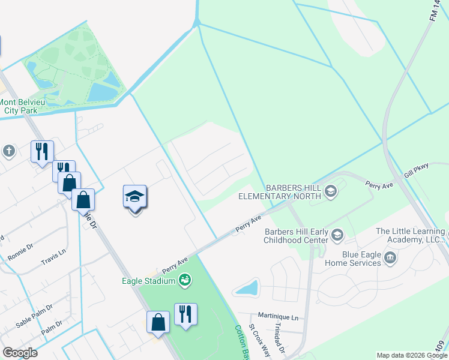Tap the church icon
[x=8, y=151]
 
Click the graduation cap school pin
[x=135, y=196]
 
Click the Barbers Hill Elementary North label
[x=280, y=192]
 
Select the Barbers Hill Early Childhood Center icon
[x=337, y=235]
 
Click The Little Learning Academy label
[x=410, y=236]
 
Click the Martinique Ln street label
[x=278, y=316]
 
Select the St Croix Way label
[x=260, y=341]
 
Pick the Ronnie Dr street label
[x=20, y=251]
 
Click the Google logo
[x=20, y=353]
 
